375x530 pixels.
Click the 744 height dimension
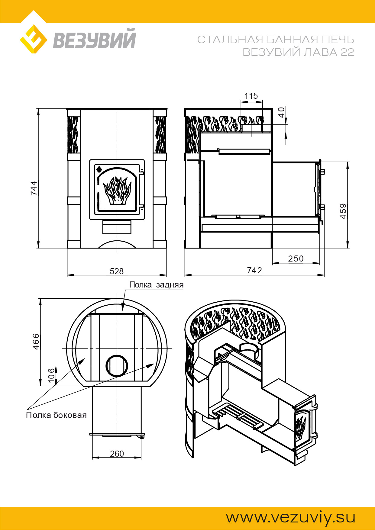34,188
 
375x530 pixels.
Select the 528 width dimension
117,271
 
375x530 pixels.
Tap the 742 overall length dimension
254,270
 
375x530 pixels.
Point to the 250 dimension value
296,259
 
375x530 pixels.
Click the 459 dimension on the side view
343,211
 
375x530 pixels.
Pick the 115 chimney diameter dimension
251,96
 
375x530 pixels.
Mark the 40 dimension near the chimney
281,112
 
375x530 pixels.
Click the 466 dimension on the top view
36,342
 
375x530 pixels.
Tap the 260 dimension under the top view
117,454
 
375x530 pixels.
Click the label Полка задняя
156,285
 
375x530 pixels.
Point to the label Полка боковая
56,415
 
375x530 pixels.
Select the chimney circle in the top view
117,365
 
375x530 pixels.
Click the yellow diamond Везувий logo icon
34,39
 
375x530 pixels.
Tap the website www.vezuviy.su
290,517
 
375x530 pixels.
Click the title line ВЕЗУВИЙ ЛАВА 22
298,52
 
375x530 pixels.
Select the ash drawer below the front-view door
117,227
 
